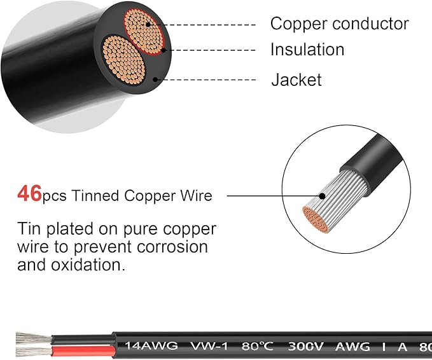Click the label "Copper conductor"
pyautogui.click(x=339, y=24)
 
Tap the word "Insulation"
pyautogui.click(x=307, y=50)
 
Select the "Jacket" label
pyautogui.click(x=296, y=80)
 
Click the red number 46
pyautogui.click(x=29, y=193)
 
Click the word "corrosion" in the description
pyautogui.click(x=172, y=247)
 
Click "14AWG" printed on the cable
pyautogui.click(x=151, y=345)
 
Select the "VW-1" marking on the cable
pyautogui.click(x=210, y=346)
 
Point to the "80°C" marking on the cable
pyautogui.click(x=258, y=346)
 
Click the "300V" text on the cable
pyautogui.click(x=305, y=347)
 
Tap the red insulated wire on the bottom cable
pyautogui.click(x=83, y=351)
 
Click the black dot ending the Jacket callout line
pyautogui.click(x=155, y=80)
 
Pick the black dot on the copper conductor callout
pyautogui.click(x=148, y=25)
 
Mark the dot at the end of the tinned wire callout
pyautogui.click(x=322, y=196)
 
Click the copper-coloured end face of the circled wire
pyautogui.click(x=316, y=220)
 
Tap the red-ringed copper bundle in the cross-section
pyautogui.click(x=144, y=32)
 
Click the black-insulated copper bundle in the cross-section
pyautogui.click(x=123, y=60)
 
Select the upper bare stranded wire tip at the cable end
pyautogui.click(x=33, y=338)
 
